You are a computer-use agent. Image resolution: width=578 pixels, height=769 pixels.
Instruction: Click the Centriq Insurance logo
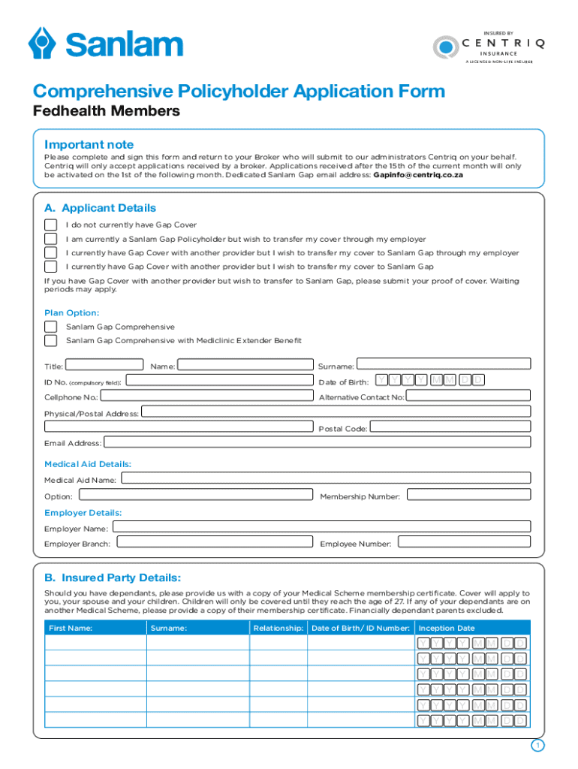click(488, 47)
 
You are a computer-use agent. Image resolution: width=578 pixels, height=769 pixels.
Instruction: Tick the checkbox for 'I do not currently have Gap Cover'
click(50, 225)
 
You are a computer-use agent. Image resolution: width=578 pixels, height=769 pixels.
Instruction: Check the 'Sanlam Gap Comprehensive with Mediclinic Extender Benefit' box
click(50, 340)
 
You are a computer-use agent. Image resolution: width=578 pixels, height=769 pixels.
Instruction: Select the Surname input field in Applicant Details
click(443, 366)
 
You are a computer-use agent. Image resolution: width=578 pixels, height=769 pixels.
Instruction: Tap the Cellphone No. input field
click(206, 397)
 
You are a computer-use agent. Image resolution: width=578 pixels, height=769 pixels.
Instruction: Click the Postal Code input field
click(450, 427)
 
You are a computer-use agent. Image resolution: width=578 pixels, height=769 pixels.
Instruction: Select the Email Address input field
click(317, 443)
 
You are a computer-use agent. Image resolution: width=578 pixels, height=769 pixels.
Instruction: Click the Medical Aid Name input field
click(325, 478)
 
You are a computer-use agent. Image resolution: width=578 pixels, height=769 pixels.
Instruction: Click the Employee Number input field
click(463, 542)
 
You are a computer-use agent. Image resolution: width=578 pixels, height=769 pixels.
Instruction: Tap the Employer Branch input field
click(214, 542)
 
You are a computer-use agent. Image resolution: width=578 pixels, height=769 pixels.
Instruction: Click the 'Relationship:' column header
click(278, 628)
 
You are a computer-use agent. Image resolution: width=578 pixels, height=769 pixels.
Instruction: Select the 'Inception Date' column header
click(447, 628)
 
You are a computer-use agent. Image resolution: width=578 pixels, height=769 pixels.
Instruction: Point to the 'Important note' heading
click(89, 144)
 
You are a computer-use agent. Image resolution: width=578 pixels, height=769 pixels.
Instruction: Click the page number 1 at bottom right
click(537, 745)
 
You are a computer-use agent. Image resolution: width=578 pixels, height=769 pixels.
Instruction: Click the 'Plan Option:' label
click(71, 312)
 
